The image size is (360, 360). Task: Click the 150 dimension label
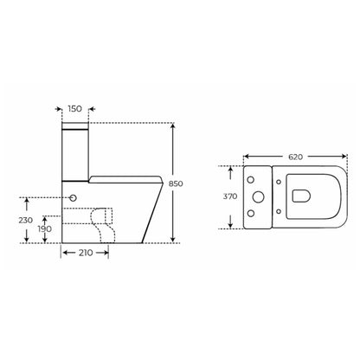point(75,109)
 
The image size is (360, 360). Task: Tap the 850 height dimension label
point(176,183)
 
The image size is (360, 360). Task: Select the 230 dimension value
point(26,220)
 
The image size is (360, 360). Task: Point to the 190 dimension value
point(45,228)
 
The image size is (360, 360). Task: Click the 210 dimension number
point(86,253)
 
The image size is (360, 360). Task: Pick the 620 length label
point(296,157)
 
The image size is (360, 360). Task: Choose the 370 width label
point(230,196)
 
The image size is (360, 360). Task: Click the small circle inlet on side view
point(74,198)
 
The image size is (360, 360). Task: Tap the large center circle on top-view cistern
point(258,197)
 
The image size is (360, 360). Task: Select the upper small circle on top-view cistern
point(251,180)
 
